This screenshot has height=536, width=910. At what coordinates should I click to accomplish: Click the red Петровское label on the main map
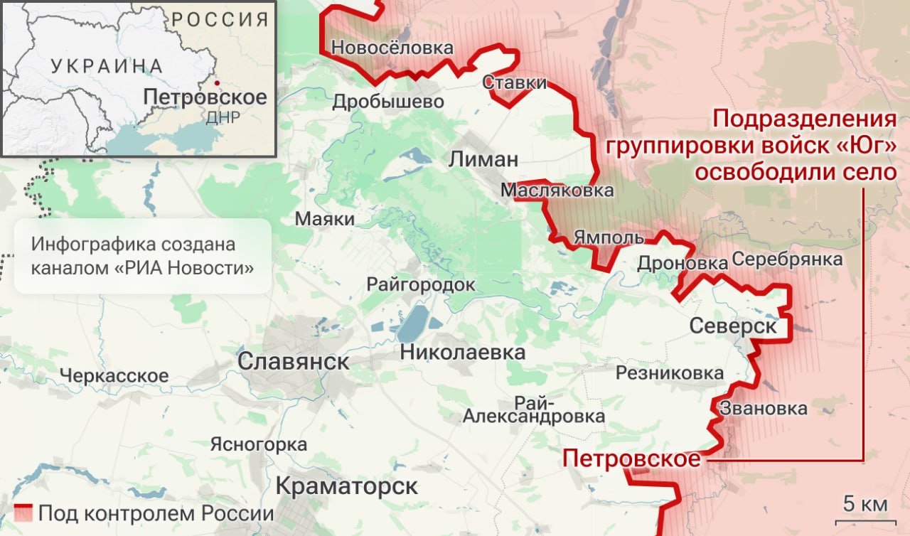pos(631,459)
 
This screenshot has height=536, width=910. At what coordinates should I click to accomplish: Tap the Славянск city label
pos(293,361)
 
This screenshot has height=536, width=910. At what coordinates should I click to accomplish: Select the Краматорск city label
pos(346,487)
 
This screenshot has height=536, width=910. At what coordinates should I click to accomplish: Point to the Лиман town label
pos(483,159)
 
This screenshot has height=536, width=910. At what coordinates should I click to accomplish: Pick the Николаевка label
pos(463,352)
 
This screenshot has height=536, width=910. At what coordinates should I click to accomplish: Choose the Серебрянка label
pos(786,259)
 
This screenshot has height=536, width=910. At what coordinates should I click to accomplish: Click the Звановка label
pos(763,409)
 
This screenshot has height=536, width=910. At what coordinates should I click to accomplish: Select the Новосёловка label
pos(392,48)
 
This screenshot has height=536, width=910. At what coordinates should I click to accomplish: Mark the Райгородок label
pos(420,284)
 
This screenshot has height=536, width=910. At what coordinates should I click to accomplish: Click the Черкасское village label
pos(114,375)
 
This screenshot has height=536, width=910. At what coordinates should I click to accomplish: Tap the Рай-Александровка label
pos(534,409)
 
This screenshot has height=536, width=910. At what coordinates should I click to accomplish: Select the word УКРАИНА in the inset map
pos(107,66)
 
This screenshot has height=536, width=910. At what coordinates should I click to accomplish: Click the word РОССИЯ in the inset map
pos(220,19)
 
